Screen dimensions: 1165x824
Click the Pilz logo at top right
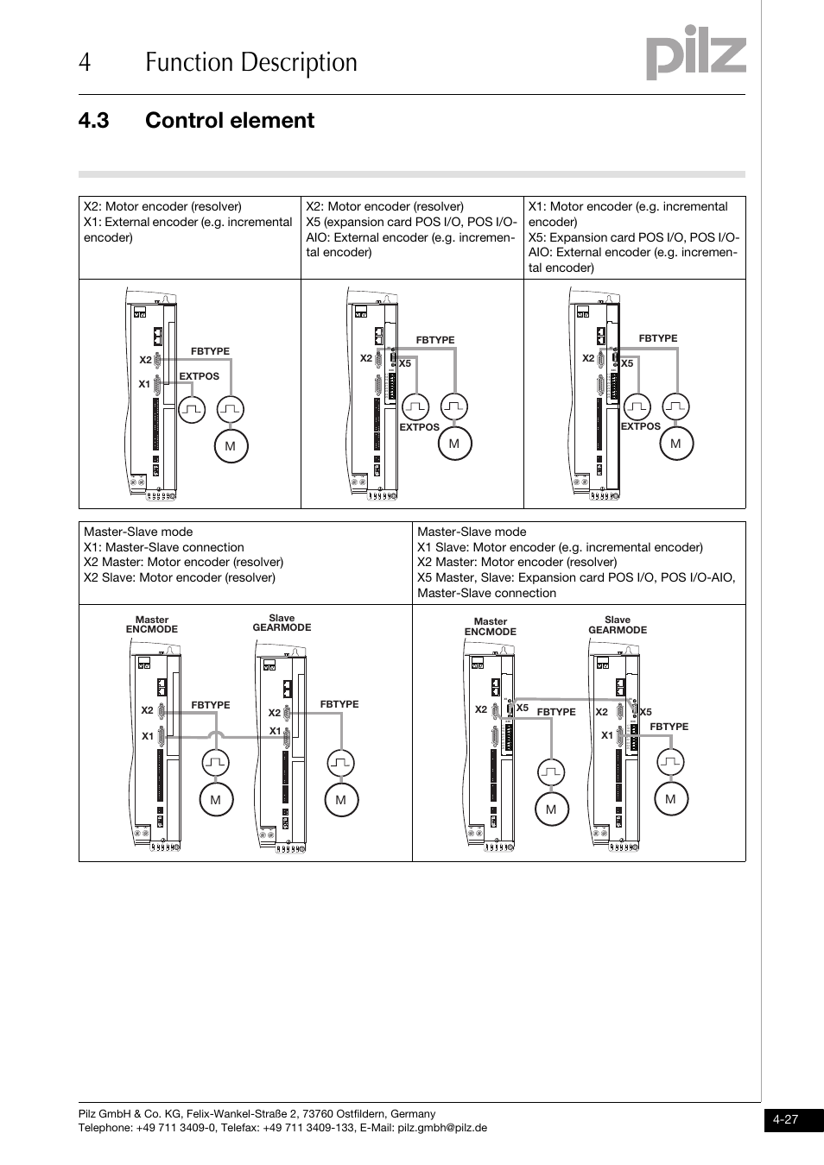696,55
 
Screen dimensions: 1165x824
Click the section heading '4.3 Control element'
196,121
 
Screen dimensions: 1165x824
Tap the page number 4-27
785,1119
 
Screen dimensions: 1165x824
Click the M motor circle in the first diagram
231,446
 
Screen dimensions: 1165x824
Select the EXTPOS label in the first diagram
199,376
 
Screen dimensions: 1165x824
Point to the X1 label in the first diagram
144,384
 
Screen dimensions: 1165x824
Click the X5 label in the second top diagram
405,364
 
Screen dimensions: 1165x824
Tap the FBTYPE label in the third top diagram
657,338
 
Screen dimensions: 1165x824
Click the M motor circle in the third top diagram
675,444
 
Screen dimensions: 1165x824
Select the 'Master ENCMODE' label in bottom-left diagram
152,625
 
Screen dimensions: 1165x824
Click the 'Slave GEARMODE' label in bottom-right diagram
618,625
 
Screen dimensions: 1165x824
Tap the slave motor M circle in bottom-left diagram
340,800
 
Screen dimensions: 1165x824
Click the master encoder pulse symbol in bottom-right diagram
550,771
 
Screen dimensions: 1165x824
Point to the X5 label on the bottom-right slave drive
645,712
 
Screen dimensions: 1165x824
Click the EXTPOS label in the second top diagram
419,427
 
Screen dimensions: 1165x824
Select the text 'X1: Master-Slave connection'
164,547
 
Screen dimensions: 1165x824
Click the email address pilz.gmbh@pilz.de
442,1127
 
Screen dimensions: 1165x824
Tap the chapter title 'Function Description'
251,62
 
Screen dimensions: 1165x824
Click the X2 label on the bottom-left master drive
147,710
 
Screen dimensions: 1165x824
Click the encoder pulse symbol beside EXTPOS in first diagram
192,409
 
